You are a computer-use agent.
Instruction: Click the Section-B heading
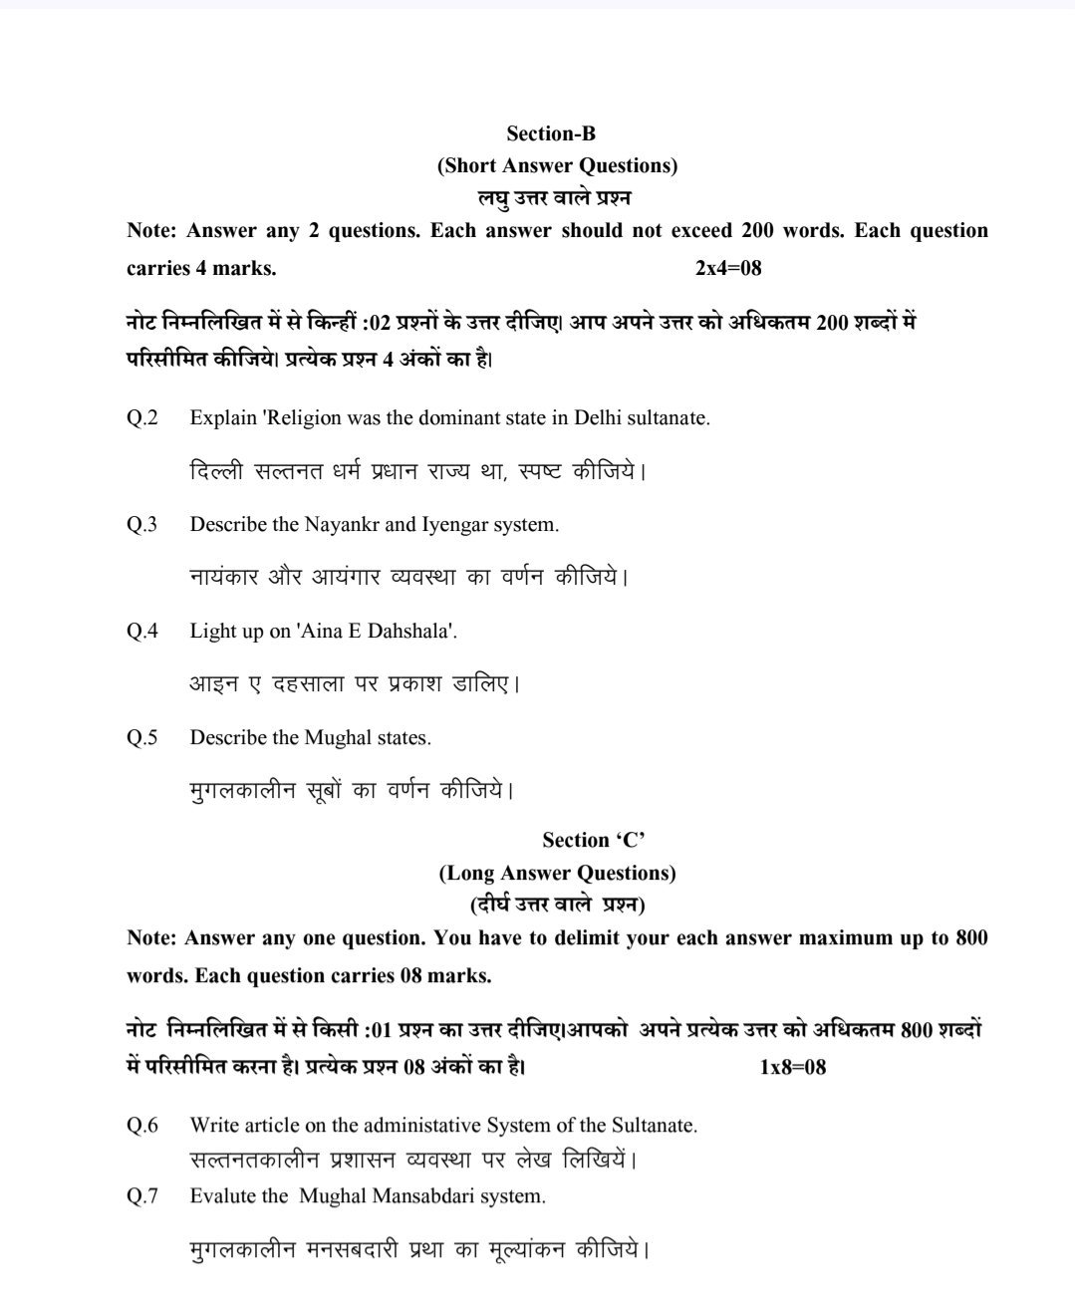551,133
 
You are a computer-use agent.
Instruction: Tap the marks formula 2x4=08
728,268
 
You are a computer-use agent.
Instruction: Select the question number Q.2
142,417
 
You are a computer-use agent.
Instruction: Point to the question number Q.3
142,524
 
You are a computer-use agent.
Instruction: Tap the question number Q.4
142,631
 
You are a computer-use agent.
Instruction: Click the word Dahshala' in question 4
412,631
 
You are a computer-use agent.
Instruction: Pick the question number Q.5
142,738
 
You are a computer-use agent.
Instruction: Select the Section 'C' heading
594,841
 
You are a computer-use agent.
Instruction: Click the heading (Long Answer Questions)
557,874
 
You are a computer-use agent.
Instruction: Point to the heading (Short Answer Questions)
557,165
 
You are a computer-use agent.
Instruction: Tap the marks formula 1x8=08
792,1067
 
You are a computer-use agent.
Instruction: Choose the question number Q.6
142,1126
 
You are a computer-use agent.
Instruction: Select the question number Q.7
142,1196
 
